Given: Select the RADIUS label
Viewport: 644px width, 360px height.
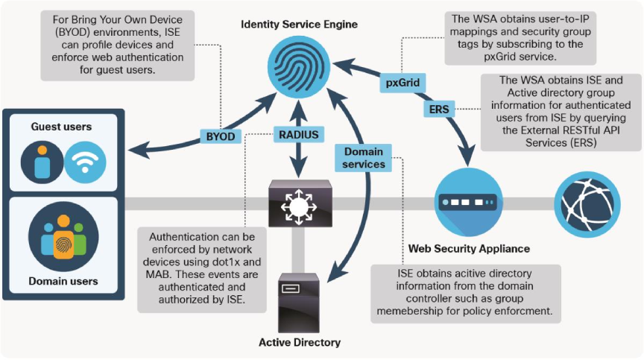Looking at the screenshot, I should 299,134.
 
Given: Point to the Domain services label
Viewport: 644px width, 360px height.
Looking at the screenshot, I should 364,157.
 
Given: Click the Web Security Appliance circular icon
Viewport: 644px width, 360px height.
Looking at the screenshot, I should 467,202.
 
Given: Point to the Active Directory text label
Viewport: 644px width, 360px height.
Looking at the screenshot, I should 299,342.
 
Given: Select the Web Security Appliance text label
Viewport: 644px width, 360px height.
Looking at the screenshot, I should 469,248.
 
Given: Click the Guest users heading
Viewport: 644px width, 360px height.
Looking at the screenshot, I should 62,127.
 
